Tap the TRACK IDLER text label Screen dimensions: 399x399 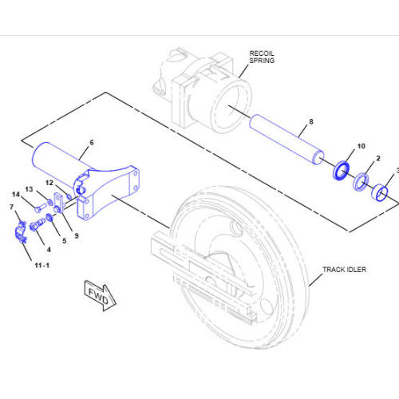coord(344,270)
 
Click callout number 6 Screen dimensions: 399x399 coord(91,142)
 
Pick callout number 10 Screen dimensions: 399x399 coord(361,147)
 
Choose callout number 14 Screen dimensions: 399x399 coord(15,194)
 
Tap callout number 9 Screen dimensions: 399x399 coord(76,235)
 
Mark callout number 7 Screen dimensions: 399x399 coord(11,207)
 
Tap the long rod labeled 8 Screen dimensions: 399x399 coord(287,139)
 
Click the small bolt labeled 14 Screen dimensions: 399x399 coord(38,209)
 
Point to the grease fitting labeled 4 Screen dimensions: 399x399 coord(36,231)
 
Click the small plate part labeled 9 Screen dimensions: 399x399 coord(59,204)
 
